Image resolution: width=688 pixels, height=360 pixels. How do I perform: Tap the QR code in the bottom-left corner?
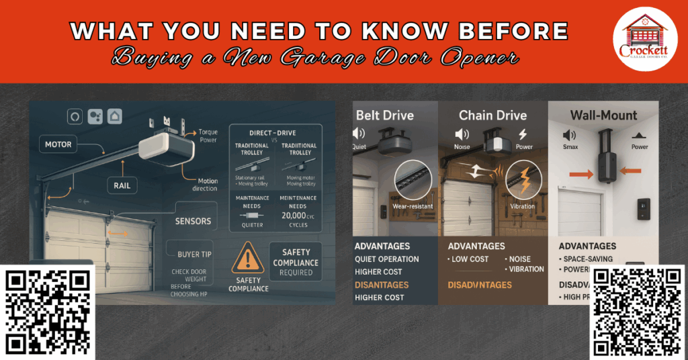click(48, 312)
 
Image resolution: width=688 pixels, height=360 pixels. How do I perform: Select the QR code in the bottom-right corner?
click(637, 312)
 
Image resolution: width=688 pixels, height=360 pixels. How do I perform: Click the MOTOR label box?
click(58, 144)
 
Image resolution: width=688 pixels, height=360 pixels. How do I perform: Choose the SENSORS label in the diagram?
click(193, 221)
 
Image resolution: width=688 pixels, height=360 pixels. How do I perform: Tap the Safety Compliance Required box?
click(296, 263)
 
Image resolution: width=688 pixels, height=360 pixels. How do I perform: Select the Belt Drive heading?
click(385, 116)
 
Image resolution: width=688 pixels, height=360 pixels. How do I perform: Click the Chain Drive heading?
click(492, 116)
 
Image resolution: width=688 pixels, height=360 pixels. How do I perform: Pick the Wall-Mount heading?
click(603, 116)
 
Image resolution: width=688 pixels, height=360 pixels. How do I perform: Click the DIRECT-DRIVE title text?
click(273, 134)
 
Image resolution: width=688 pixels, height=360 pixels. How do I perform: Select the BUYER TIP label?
click(198, 254)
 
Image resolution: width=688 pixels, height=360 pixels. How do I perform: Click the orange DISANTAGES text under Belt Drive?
click(382, 285)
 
